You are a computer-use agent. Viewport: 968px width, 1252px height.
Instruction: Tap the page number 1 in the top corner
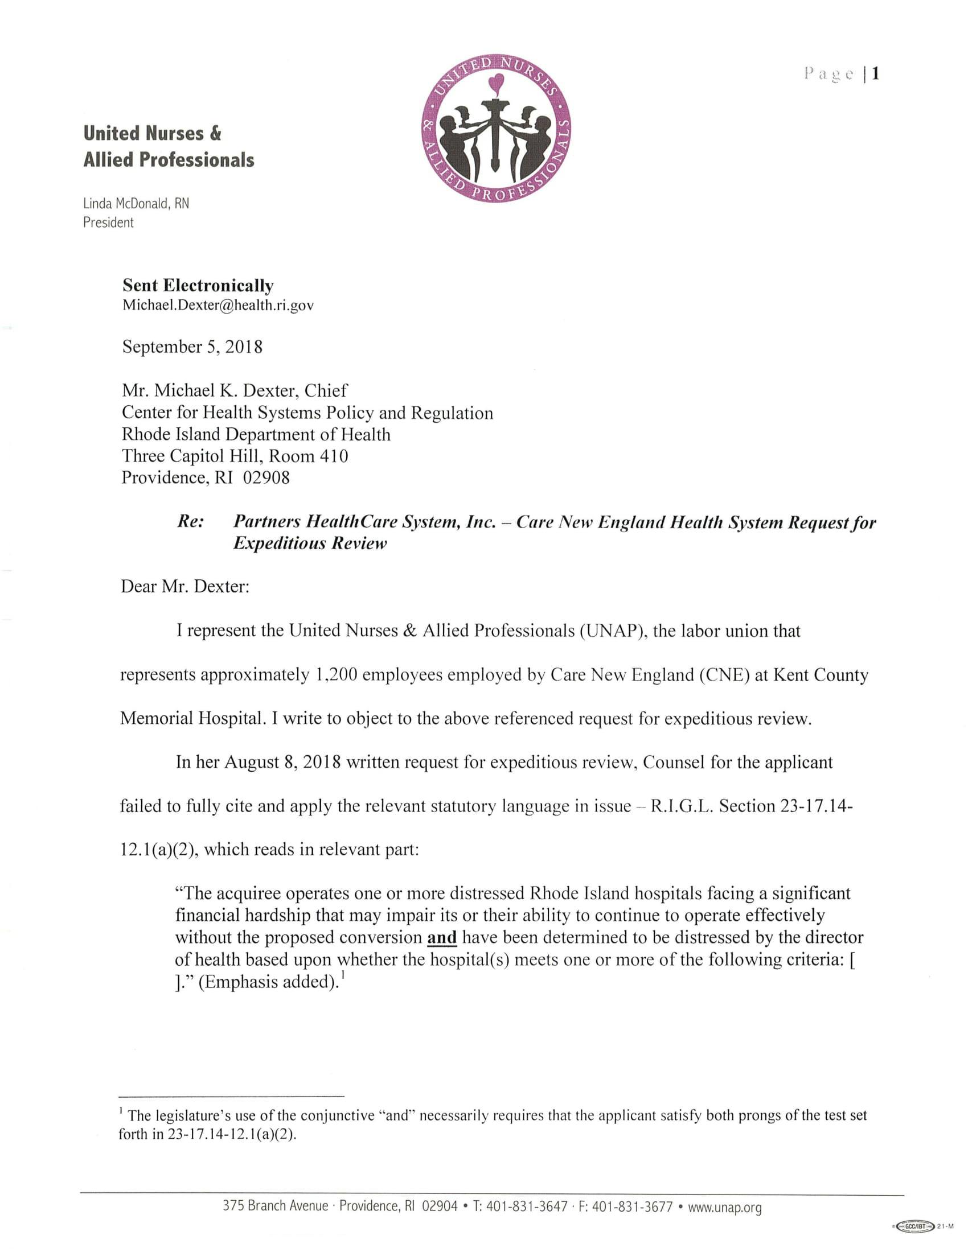875,74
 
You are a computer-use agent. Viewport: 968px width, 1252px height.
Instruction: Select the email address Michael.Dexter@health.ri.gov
218,305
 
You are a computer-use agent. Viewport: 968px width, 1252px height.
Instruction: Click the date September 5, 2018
192,347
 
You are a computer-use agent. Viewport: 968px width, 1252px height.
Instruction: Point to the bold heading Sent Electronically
198,286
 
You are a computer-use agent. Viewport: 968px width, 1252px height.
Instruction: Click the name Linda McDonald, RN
136,204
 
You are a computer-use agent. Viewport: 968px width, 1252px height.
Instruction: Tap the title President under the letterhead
108,223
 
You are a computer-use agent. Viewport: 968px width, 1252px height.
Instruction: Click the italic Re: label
191,522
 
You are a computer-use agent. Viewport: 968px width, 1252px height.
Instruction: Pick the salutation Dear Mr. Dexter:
184,588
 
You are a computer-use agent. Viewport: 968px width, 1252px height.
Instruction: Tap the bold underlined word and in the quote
442,938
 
